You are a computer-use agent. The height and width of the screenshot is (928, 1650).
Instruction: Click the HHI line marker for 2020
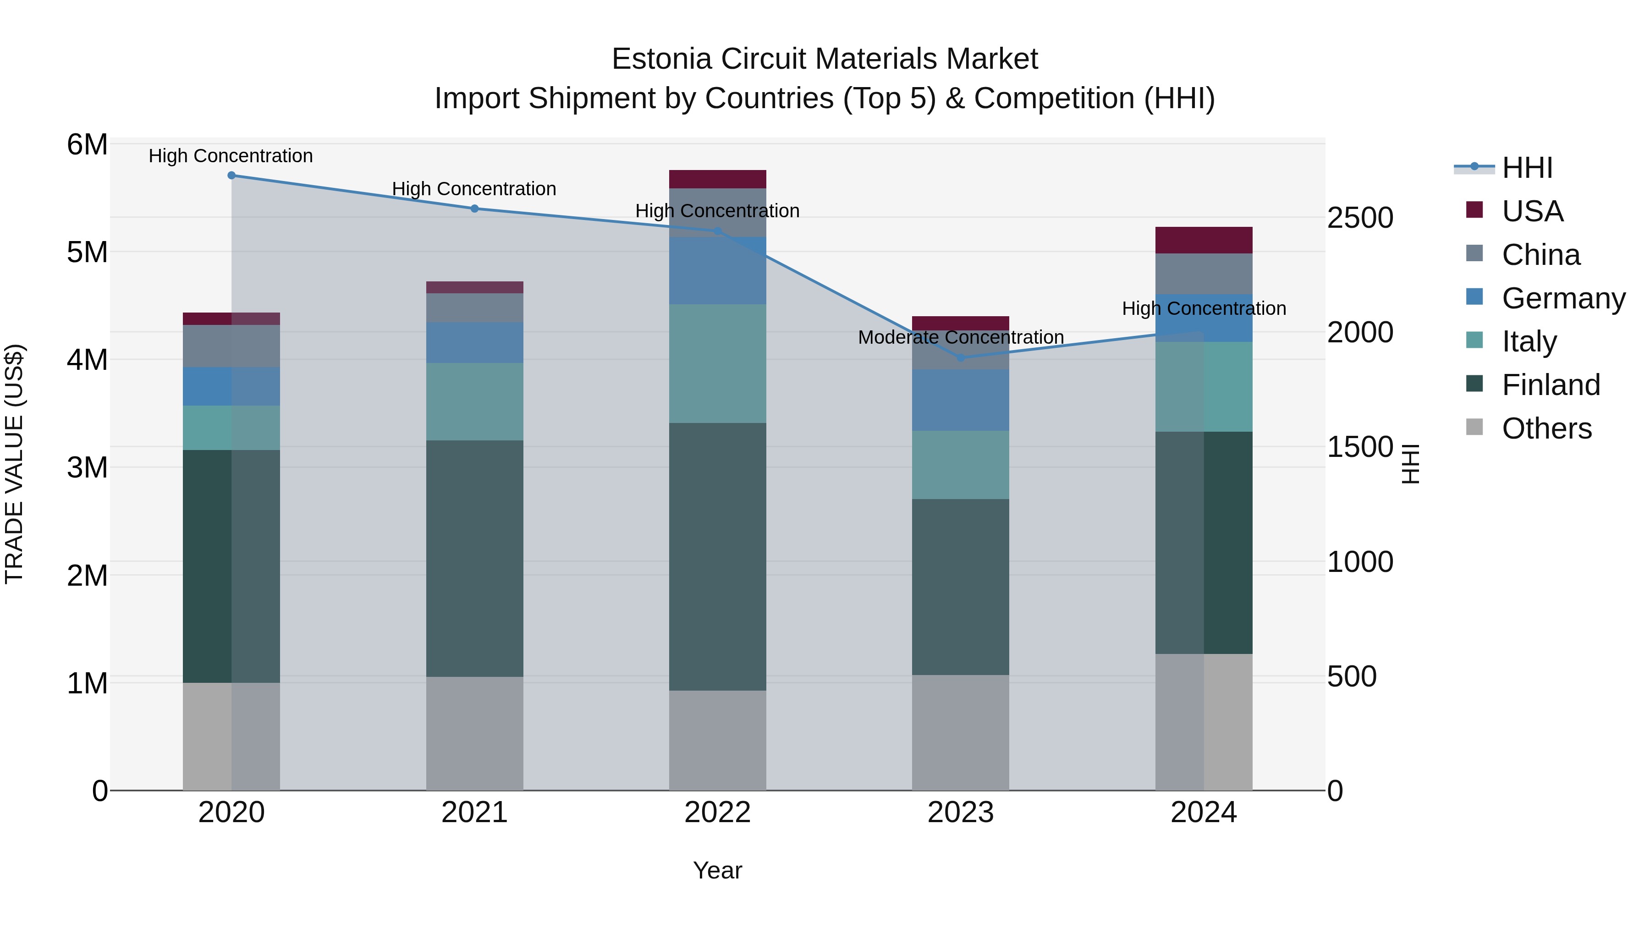pos(231,176)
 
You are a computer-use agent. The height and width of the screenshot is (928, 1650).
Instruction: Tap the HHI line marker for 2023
pos(960,358)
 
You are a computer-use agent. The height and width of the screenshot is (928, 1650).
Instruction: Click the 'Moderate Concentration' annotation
pos(960,337)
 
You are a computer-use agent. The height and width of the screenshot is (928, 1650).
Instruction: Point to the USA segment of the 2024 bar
pos(1204,240)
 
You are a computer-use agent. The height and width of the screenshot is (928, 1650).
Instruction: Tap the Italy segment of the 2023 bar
pos(960,465)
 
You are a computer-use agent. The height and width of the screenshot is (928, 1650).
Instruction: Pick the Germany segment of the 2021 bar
pos(475,343)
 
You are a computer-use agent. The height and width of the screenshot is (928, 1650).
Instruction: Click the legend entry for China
pos(1540,255)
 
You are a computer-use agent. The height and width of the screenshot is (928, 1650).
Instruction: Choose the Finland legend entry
pos(1550,385)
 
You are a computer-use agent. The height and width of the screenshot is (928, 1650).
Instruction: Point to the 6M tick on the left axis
pos(88,145)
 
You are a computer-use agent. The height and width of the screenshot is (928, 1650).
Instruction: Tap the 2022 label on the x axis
pos(717,813)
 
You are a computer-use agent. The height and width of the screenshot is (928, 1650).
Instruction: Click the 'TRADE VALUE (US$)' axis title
pos(14,464)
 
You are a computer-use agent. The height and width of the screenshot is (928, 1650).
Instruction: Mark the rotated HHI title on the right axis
pos(1410,464)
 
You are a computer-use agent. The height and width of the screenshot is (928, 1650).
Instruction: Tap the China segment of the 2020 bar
pos(231,346)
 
